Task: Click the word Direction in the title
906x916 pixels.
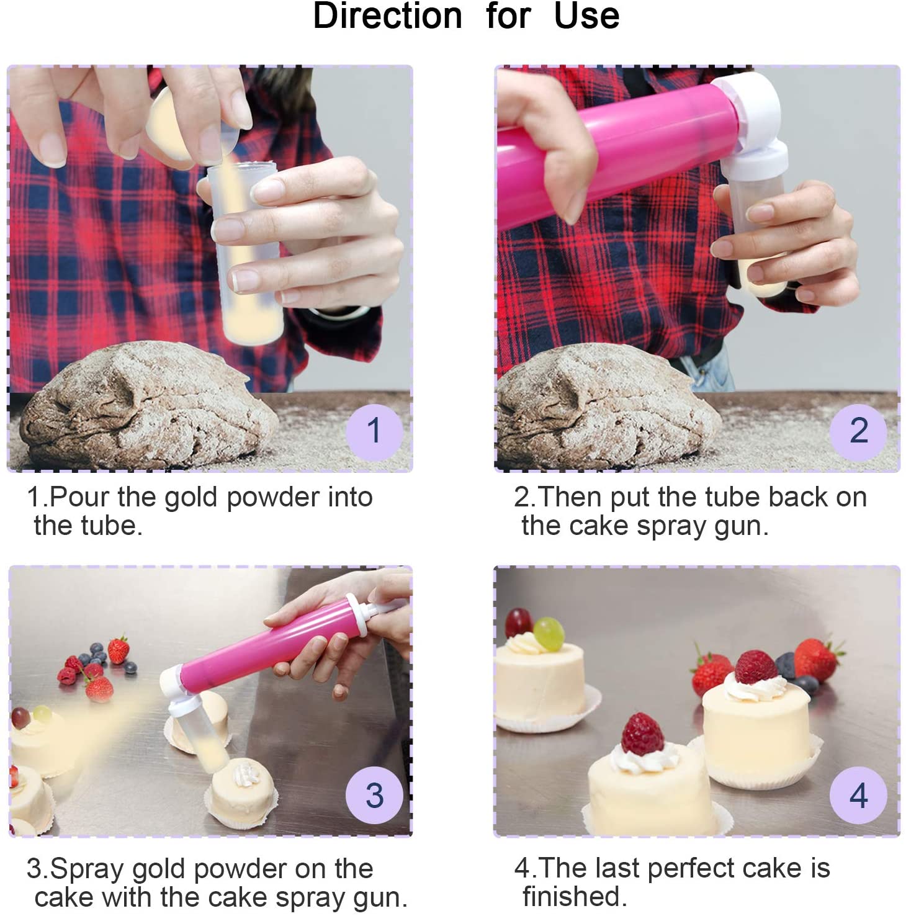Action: tap(388, 16)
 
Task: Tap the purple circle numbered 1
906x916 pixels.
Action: tap(374, 431)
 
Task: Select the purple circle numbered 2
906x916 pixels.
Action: tap(858, 431)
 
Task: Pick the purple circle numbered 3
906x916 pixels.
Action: tap(374, 796)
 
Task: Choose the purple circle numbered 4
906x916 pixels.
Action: tap(858, 796)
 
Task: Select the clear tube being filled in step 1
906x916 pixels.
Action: tap(245, 261)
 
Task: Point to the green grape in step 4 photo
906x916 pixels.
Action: tap(549, 633)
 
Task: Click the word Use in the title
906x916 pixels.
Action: tap(586, 16)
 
